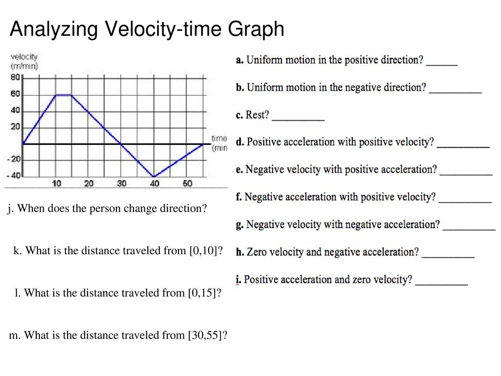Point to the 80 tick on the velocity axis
coord(16,77)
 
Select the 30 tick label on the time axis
coord(121,184)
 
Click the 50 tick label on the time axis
coord(187,184)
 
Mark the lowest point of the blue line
coord(154,176)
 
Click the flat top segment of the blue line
coord(64,95)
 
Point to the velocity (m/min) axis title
coord(24,61)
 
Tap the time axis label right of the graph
coord(219,143)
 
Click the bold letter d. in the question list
coord(240,142)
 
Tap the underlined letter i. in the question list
coord(238,280)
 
